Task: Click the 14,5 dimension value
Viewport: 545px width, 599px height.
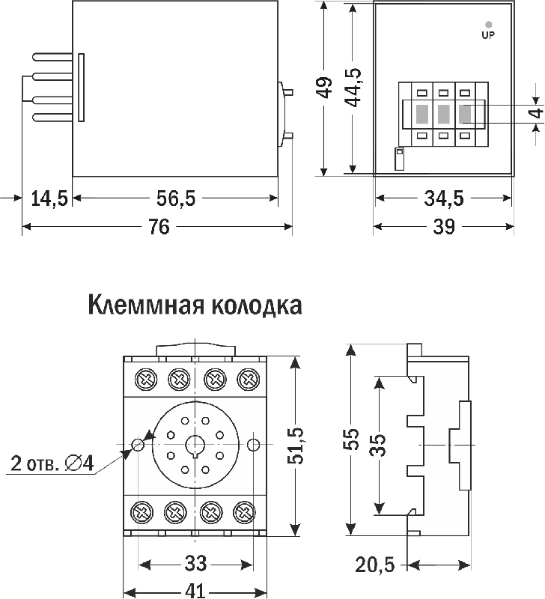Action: click(49, 198)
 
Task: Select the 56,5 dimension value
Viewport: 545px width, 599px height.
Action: click(176, 198)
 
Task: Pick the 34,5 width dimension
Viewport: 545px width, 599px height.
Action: click(444, 198)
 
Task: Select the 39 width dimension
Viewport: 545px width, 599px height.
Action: click(444, 227)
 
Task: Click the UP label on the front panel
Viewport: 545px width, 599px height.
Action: click(488, 34)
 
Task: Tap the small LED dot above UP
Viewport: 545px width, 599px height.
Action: click(488, 24)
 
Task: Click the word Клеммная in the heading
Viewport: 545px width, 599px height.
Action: click(145, 306)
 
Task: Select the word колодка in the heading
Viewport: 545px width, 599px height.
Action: click(255, 306)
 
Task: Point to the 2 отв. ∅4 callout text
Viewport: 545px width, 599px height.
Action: click(52, 464)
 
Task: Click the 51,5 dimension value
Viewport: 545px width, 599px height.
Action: click(297, 446)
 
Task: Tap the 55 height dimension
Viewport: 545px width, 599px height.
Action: click(350, 439)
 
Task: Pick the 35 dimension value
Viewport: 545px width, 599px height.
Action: click(380, 445)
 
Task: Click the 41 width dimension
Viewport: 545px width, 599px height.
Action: click(195, 591)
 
